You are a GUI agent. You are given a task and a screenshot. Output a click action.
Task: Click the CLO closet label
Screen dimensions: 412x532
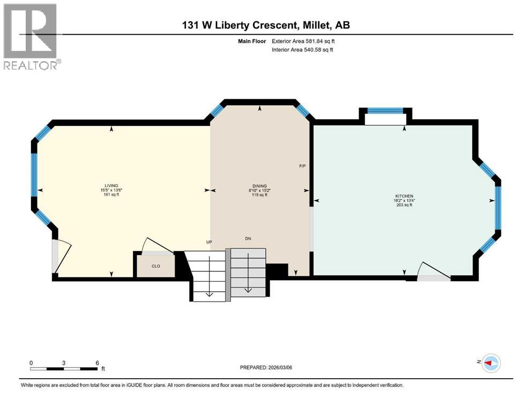point(155,266)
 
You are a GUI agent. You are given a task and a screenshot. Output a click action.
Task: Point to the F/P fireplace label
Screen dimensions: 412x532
point(302,166)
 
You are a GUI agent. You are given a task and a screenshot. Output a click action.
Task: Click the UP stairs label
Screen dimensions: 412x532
point(209,242)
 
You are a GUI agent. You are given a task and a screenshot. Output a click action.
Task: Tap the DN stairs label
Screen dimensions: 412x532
point(248,238)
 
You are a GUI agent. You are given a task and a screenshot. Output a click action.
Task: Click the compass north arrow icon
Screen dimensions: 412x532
point(490,363)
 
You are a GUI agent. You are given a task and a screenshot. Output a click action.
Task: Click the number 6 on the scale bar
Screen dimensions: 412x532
point(97,363)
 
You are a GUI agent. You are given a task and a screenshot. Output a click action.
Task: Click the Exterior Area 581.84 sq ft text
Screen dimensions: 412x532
point(304,41)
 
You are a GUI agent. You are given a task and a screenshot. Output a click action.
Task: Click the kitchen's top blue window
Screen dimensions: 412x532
point(385,111)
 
